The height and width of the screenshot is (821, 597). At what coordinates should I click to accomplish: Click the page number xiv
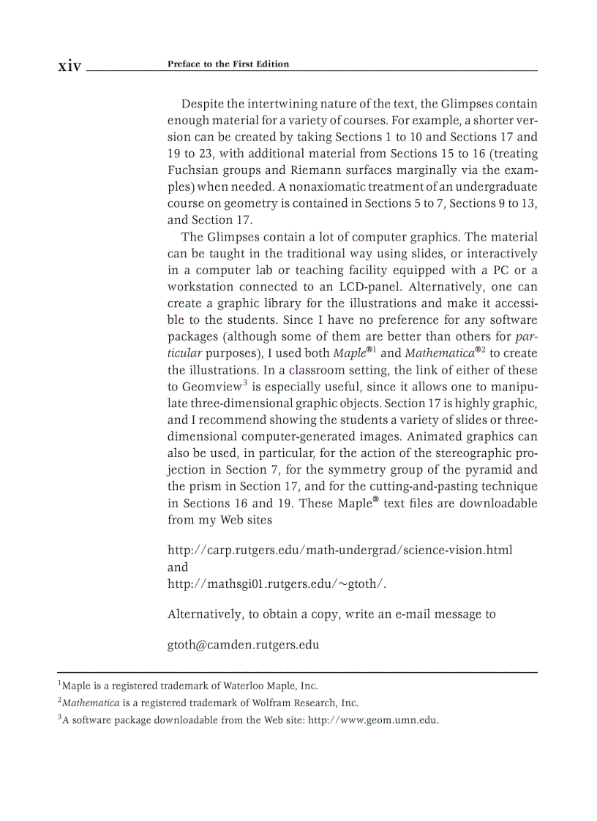tap(70, 66)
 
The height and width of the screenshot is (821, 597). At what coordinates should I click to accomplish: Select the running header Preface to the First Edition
tap(228, 64)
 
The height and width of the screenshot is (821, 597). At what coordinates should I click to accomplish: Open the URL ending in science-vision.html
tap(339, 550)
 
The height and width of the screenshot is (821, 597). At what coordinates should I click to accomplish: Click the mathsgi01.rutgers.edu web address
tap(277, 583)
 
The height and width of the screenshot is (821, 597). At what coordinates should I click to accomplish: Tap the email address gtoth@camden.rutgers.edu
tap(244, 646)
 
